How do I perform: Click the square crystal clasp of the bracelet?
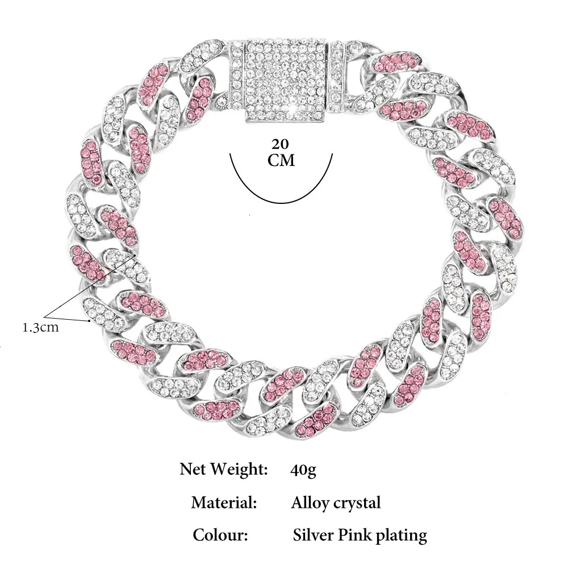click(287, 81)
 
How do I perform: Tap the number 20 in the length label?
click(281, 144)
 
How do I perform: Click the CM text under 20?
click(281, 160)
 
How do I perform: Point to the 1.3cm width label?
click(40, 328)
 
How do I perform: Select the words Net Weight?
click(223, 469)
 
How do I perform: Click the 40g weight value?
click(303, 470)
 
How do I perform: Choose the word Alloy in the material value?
click(310, 503)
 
